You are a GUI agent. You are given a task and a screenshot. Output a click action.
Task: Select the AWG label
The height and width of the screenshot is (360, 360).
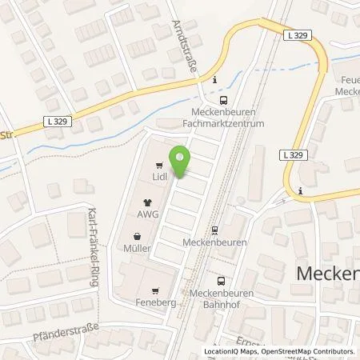(147, 214)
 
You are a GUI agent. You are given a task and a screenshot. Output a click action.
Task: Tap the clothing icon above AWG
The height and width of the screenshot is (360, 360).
(147, 203)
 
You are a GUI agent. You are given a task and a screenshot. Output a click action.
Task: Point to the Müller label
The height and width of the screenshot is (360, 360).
(138, 248)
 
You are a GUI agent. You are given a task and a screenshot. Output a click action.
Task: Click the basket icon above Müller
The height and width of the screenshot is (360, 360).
(138, 237)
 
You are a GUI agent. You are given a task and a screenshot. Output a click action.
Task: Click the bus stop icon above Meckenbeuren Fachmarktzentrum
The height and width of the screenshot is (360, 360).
(223, 101)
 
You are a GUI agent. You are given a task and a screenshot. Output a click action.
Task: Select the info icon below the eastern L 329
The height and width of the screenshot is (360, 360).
(299, 190)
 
